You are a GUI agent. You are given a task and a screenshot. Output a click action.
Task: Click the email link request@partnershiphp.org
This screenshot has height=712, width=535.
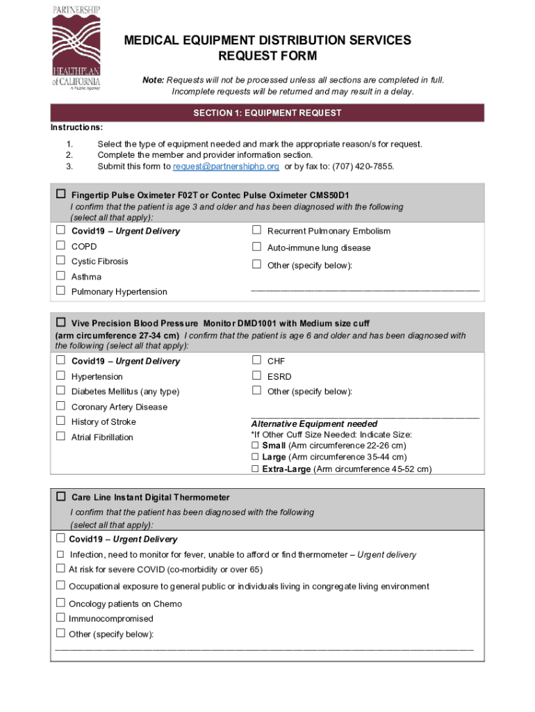(226, 166)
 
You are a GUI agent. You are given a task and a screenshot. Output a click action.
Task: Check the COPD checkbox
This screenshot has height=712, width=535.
(60, 245)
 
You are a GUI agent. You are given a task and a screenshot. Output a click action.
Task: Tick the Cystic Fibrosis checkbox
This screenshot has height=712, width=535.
(60, 261)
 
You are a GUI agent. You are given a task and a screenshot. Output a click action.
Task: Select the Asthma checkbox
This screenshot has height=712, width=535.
(60, 276)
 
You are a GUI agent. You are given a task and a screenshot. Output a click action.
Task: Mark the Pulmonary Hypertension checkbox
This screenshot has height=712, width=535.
(60, 291)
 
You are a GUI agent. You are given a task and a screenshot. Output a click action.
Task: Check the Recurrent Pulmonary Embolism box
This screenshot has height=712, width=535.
(256, 230)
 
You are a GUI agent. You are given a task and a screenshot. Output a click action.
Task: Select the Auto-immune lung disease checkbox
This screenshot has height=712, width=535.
(256, 247)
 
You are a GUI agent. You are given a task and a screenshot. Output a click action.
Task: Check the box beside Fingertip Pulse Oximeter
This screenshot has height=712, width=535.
(61, 194)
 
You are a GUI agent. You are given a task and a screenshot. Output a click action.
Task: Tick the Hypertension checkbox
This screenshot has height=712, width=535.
(60, 375)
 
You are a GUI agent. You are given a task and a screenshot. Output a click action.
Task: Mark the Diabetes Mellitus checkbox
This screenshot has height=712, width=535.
(60, 391)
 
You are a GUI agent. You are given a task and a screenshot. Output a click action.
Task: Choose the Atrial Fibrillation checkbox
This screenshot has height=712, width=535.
(60, 436)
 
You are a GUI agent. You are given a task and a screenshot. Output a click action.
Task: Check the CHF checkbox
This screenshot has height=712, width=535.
(256, 360)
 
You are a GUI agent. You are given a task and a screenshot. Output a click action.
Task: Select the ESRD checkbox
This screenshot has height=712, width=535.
(256, 375)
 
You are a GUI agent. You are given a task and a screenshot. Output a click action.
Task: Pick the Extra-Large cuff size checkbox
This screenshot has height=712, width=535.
(255, 469)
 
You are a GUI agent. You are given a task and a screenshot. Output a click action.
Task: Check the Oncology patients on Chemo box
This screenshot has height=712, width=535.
(60, 603)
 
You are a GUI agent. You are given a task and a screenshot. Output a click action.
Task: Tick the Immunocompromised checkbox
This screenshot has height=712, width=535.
(60, 618)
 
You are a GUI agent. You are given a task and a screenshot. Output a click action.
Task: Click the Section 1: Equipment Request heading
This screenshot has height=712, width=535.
(267, 113)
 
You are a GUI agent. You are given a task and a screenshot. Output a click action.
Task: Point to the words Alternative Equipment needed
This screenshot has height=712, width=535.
(314, 423)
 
